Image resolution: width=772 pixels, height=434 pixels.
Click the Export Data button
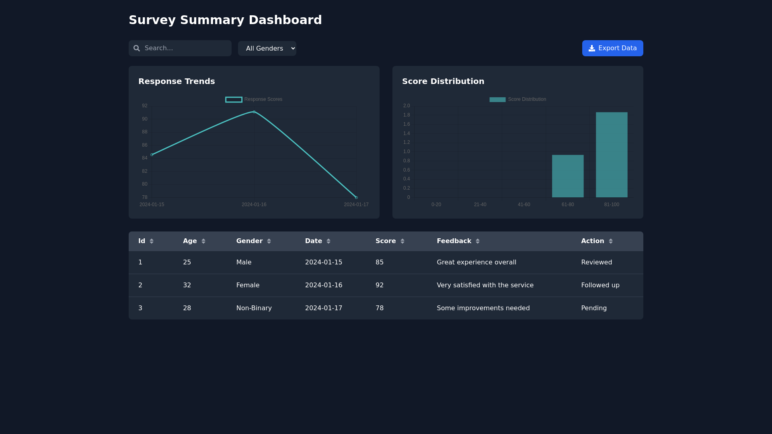pos(612,48)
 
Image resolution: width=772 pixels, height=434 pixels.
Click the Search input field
pos(185,48)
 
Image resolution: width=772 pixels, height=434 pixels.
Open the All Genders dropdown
pos(267,49)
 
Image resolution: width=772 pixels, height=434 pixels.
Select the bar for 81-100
pos(611,155)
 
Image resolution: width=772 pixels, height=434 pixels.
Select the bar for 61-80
pos(567,176)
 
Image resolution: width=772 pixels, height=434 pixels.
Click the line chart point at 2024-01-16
pos(254,112)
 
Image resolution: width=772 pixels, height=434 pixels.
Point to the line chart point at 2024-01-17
pos(356,197)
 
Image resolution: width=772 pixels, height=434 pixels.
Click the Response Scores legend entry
pos(254,99)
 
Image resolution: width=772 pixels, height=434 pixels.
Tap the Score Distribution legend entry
pos(518,99)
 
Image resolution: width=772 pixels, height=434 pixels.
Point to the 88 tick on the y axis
pos(145,132)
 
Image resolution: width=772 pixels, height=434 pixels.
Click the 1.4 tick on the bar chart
pos(407,133)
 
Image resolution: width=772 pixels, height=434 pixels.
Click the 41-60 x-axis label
pos(524,205)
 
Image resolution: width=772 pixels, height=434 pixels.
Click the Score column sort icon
pos(402,241)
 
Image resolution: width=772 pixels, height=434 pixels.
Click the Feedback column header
pos(454,241)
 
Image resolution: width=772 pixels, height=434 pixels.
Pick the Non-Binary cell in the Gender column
pos(254,308)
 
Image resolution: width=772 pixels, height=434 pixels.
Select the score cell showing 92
pos(379,285)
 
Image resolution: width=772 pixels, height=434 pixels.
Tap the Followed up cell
pos(600,285)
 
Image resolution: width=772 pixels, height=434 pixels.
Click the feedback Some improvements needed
pos(483,308)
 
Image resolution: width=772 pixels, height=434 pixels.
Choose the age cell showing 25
pos(187,262)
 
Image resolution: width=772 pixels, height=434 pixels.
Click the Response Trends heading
pos(177,81)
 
